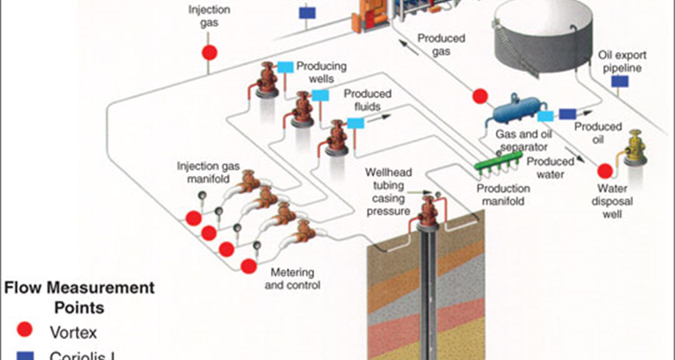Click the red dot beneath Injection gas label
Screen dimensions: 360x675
209,53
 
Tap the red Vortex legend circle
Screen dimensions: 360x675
26,330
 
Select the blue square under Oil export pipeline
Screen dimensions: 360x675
619,82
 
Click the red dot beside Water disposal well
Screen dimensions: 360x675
605,170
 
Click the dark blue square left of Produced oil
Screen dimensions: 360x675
567,114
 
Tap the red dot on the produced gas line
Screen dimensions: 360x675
480,96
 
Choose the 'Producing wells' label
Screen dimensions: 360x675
321,72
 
